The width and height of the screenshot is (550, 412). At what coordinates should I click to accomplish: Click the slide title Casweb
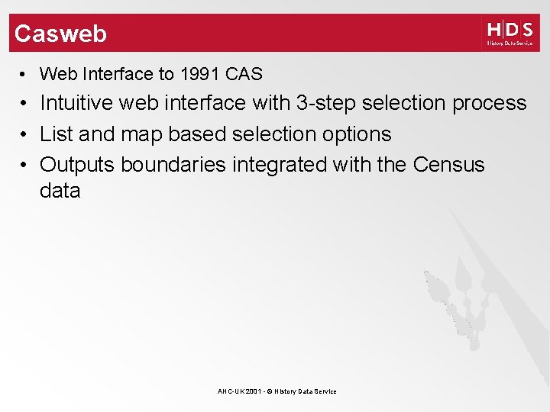60,34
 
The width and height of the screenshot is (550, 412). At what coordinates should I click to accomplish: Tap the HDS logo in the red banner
510,34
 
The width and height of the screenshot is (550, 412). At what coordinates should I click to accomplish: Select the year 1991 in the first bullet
201,74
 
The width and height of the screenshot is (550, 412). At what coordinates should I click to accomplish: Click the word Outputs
77,165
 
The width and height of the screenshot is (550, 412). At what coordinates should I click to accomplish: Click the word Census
448,165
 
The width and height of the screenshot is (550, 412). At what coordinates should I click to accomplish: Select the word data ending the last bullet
60,191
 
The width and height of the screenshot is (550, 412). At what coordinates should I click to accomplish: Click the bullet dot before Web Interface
24,75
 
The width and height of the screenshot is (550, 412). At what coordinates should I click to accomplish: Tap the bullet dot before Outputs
24,166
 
